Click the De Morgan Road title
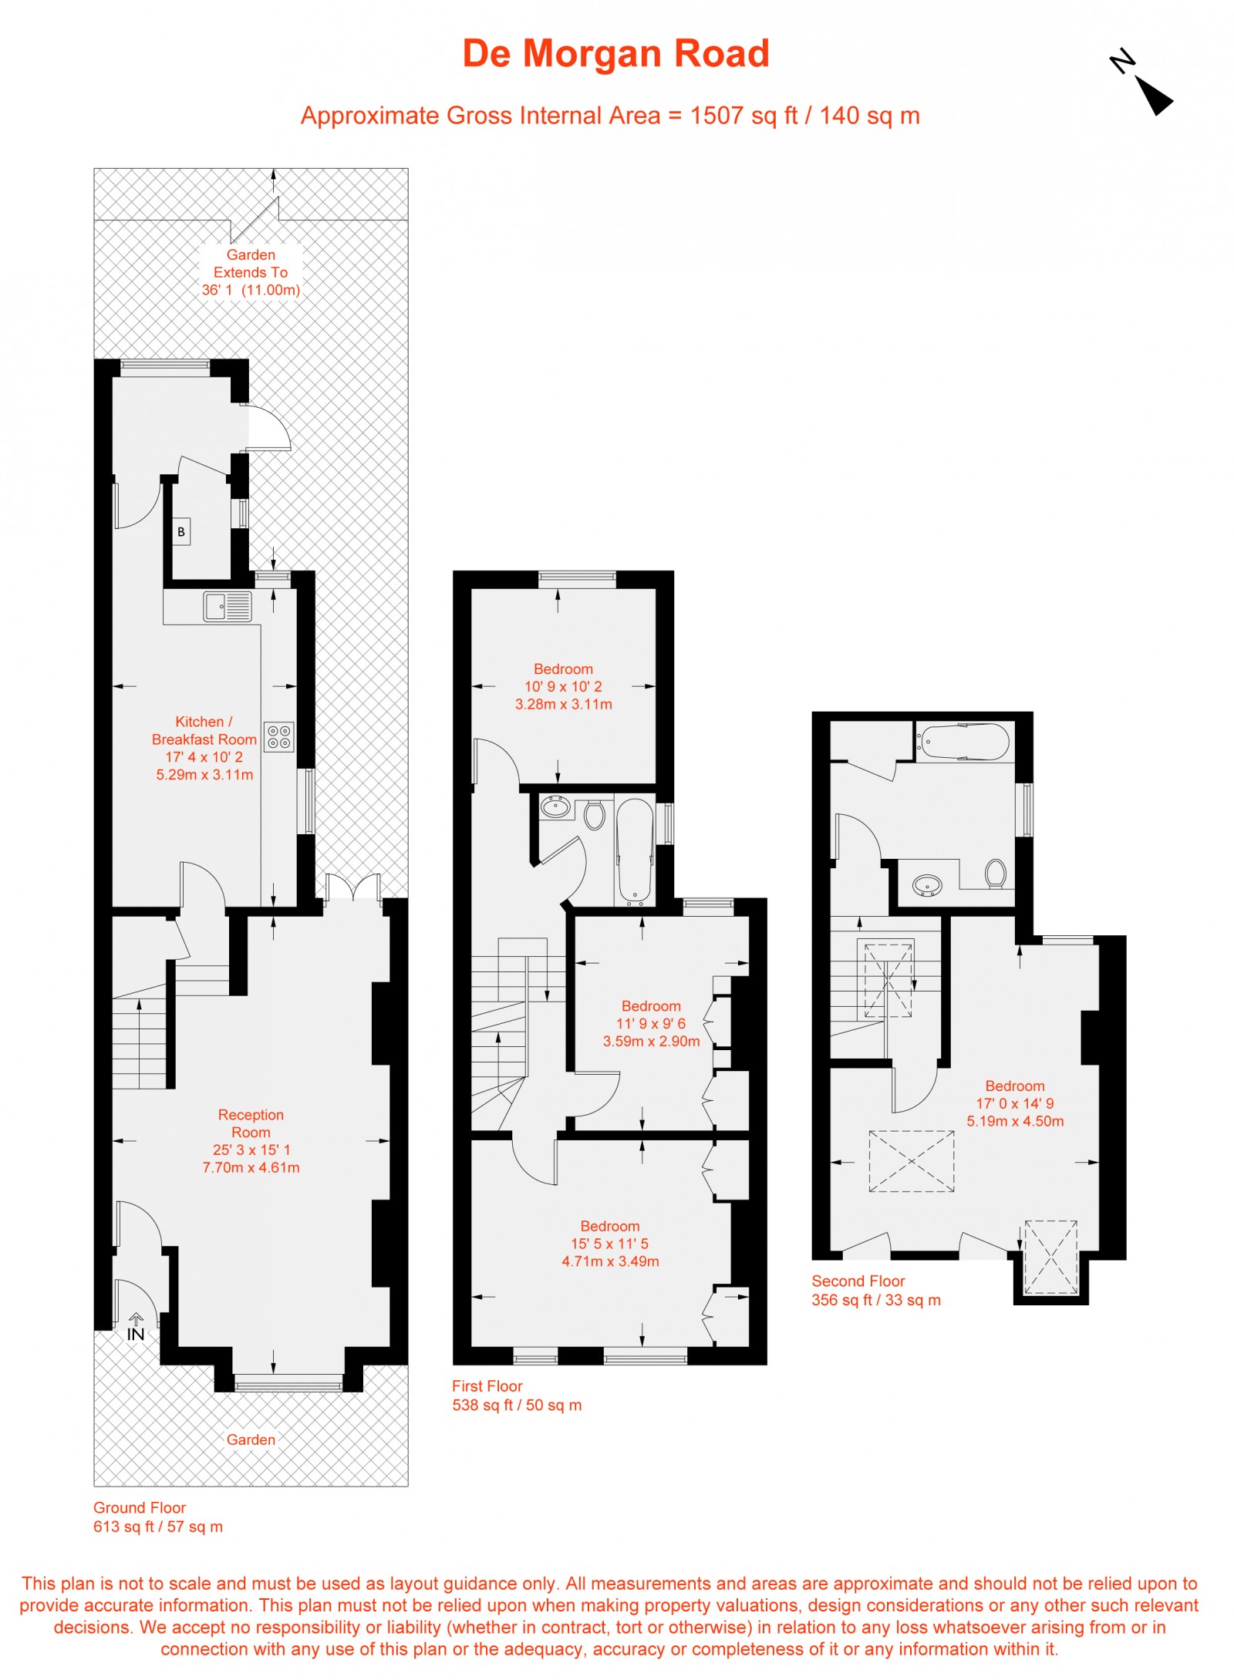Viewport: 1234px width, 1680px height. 615,54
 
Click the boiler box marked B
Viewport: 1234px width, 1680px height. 181,531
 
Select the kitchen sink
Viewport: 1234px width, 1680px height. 228,606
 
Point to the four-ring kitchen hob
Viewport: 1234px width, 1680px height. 278,736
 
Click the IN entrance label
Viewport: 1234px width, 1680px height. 136,1333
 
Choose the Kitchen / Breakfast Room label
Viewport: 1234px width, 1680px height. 204,730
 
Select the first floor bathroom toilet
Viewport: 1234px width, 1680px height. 594,814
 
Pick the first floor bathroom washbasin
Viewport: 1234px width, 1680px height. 555,807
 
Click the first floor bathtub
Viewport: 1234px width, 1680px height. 635,850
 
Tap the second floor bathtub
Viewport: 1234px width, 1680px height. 963,741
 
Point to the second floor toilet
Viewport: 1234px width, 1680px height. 996,874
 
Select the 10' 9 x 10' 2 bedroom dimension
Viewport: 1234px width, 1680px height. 563,686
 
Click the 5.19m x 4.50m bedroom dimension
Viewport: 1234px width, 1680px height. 1015,1121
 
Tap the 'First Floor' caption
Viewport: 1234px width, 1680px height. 487,1385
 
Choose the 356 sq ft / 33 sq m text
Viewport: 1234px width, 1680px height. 875,1300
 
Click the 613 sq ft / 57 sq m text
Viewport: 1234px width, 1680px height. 158,1526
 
